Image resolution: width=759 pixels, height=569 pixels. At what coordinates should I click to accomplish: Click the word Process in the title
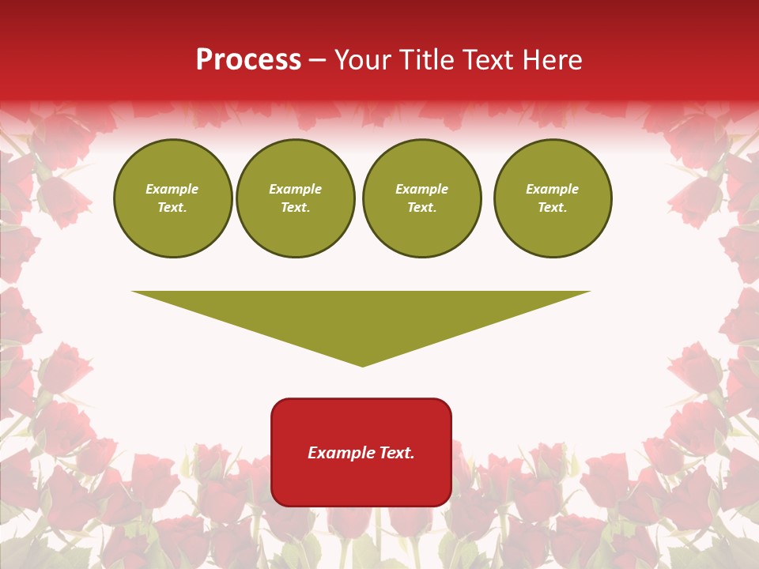(248, 60)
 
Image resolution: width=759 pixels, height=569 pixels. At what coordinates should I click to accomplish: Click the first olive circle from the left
(173, 198)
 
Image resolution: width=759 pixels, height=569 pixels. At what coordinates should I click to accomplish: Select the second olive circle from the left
(296, 198)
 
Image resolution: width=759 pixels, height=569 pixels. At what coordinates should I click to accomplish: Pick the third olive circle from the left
(422, 198)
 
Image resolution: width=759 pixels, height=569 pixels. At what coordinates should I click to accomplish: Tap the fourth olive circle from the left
(553, 198)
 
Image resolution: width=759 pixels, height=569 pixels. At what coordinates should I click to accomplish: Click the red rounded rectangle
(361, 452)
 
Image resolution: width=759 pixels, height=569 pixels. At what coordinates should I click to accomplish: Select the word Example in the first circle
(172, 189)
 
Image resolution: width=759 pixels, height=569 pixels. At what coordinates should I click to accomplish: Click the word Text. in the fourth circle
(553, 207)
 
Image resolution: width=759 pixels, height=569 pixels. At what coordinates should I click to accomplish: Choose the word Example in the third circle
(422, 189)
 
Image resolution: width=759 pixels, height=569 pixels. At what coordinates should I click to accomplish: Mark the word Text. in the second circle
(296, 207)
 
